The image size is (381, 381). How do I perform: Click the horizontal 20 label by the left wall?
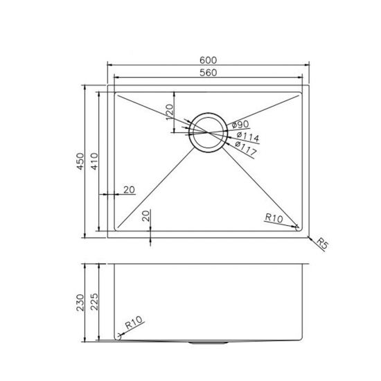pyautogui.click(x=129, y=190)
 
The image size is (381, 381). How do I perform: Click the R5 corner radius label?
pyautogui.click(x=321, y=243)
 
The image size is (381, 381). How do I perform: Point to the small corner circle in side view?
pyautogui.click(x=120, y=336)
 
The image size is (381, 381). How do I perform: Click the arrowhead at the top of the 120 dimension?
pyautogui.click(x=174, y=94)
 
